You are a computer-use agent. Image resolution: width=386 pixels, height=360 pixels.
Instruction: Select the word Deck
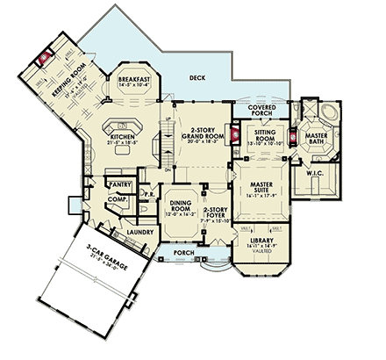(x=197, y=78)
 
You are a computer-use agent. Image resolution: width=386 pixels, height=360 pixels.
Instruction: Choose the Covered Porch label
(x=262, y=108)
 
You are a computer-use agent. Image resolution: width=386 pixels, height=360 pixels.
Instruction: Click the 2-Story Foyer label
(x=216, y=212)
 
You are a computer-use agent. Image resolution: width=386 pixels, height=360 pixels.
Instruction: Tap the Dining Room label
(x=179, y=205)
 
